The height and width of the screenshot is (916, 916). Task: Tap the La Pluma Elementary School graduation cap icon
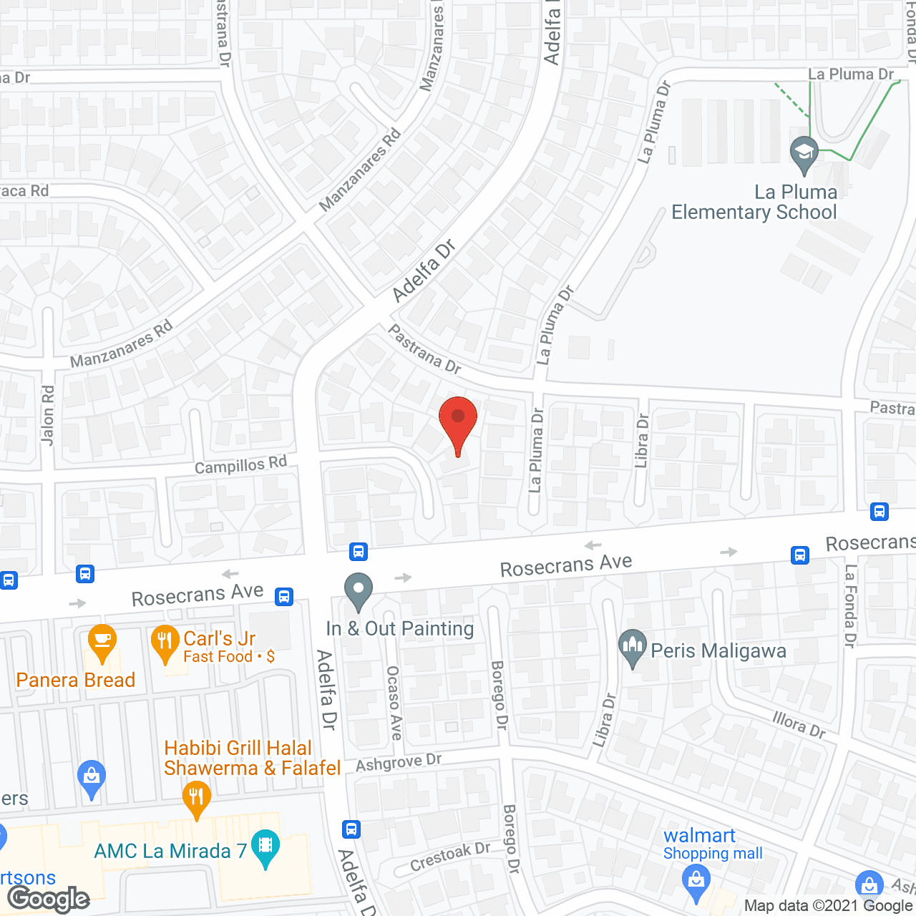[x=804, y=153]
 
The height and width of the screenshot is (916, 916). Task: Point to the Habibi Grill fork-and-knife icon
[x=196, y=797]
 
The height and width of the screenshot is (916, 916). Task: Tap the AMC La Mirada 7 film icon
[x=265, y=847]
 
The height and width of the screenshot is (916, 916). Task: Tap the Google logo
[x=49, y=899]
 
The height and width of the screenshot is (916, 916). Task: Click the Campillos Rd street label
[x=240, y=465]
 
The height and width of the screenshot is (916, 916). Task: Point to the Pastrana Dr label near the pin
[x=424, y=349]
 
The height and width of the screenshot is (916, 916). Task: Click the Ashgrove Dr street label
[x=399, y=763]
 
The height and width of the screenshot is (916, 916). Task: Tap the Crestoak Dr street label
[x=450, y=856]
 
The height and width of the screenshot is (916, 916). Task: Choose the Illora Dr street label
[x=799, y=724]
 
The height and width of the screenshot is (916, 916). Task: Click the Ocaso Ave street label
[x=394, y=702]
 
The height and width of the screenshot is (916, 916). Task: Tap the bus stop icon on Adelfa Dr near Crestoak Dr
[x=351, y=829]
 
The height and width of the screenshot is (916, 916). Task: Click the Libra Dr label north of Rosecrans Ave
[x=642, y=441]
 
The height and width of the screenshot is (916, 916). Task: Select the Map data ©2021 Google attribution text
[x=828, y=905]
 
